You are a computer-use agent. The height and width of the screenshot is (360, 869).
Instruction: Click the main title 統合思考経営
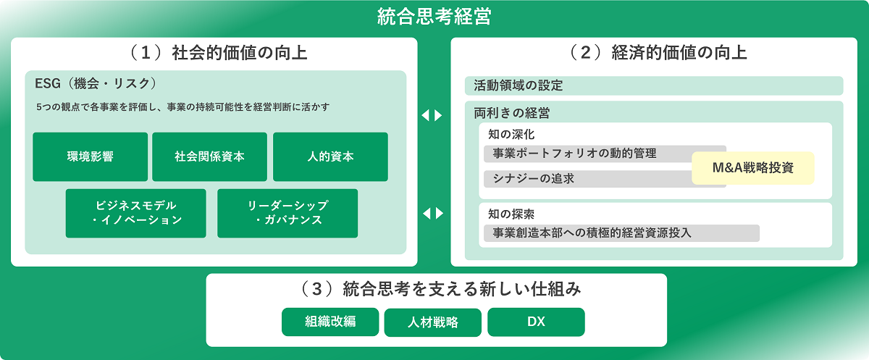[x=434, y=16]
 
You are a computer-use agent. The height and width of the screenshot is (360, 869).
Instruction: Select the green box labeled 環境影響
[x=90, y=156]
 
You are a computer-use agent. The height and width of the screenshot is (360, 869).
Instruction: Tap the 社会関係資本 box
[x=209, y=156]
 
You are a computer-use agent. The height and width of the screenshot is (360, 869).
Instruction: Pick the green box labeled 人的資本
[x=330, y=156]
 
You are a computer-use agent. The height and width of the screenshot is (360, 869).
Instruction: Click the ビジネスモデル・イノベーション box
[x=136, y=214]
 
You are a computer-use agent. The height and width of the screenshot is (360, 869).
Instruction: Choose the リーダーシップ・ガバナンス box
[x=287, y=214]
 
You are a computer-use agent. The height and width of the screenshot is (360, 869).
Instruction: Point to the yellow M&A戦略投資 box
[x=753, y=168]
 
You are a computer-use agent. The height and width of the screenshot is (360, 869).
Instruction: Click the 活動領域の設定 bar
[x=654, y=85]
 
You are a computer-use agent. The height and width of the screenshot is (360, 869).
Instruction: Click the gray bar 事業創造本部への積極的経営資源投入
[x=621, y=233]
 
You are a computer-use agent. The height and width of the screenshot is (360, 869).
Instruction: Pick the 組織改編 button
[x=330, y=322]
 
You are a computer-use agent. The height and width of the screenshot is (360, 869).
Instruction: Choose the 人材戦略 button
[x=433, y=322]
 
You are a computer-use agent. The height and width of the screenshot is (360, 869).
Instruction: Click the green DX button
[x=536, y=322]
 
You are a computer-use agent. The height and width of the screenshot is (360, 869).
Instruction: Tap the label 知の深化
[x=511, y=135]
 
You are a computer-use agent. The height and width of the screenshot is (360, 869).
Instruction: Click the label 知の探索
[x=511, y=214]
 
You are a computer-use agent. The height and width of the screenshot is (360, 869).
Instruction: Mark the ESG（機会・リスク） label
[x=96, y=84]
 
